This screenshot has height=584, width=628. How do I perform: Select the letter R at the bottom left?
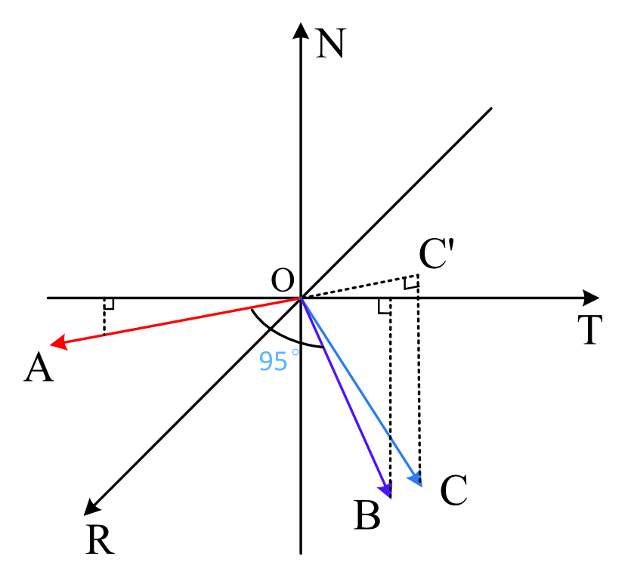click(100, 539)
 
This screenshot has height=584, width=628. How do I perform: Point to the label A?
click(39, 369)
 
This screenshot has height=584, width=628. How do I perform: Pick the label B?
click(367, 516)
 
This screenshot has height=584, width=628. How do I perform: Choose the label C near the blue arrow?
click(453, 491)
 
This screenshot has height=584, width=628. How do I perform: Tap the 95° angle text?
click(274, 362)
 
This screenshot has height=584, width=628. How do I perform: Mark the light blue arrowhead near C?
click(416, 479)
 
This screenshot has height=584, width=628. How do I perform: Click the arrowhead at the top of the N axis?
click(302, 29)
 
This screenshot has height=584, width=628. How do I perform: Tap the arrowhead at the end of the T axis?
click(591, 298)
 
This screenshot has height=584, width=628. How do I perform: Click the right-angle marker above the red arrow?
click(109, 304)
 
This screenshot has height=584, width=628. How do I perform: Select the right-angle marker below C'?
click(410, 283)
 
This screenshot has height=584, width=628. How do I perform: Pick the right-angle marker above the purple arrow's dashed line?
click(385, 306)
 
